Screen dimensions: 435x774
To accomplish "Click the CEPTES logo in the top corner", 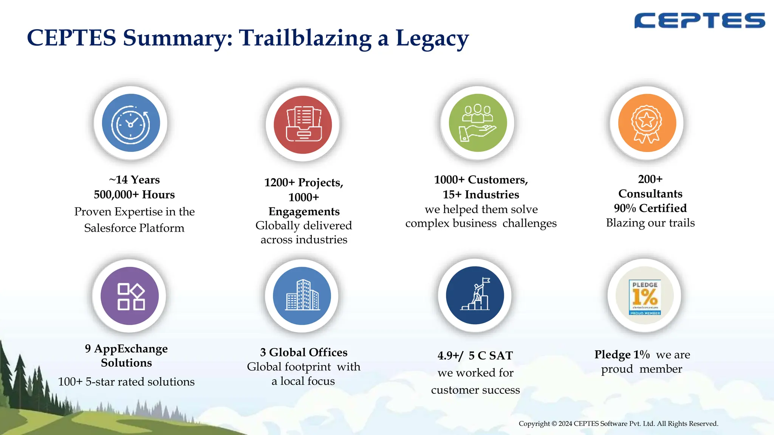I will click(x=699, y=20).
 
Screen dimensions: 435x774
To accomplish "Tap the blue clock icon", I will click(x=131, y=123).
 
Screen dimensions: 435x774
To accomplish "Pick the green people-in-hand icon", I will click(x=477, y=123).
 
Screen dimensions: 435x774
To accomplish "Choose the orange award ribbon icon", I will click(x=647, y=123).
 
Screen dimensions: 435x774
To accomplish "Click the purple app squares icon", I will click(x=130, y=296).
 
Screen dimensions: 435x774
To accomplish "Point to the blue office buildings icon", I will click(x=302, y=296).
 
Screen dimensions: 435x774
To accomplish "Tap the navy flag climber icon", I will click(x=475, y=295).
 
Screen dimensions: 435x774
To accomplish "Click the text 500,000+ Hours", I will click(x=134, y=195).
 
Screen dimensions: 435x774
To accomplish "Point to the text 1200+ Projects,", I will click(x=303, y=183).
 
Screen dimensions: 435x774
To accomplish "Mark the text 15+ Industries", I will click(x=481, y=195).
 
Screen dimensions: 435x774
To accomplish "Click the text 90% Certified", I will click(x=650, y=208).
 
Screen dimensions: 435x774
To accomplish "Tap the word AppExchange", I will click(x=131, y=348).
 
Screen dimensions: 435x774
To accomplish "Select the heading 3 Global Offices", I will click(x=303, y=352).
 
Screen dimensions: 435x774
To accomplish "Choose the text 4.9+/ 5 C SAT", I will click(x=475, y=356).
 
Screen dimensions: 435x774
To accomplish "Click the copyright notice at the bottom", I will click(x=618, y=424).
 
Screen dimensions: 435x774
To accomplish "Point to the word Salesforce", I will click(x=110, y=228).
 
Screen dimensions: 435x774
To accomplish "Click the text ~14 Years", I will click(x=134, y=180).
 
